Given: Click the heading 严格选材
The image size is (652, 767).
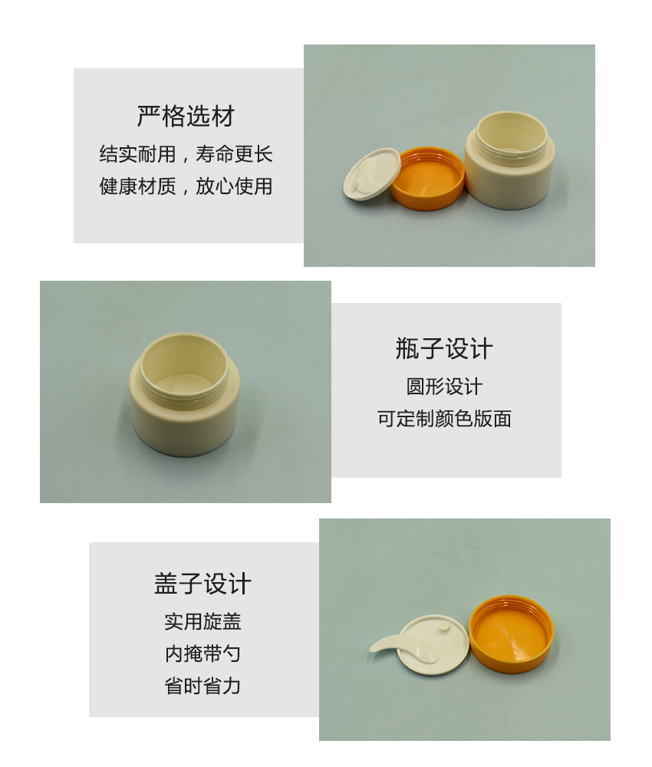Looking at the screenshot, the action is point(186,117).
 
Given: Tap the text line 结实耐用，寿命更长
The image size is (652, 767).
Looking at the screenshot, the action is point(186,154).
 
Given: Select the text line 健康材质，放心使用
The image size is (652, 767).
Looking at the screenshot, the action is point(186,186).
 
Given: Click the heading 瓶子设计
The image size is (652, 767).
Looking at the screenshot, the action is point(443,349).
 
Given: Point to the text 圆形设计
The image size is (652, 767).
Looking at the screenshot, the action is point(444,387).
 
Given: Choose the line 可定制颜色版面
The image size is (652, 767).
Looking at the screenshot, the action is point(444,419).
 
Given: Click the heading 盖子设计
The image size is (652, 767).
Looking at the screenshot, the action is point(203,584).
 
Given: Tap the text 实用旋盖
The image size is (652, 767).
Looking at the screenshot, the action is point(203,621).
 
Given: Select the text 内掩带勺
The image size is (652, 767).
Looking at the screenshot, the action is point(203,653).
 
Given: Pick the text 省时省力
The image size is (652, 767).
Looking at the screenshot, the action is point(203,686).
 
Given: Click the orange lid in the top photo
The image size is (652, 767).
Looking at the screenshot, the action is point(428,179).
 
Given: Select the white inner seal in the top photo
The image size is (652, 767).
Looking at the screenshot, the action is point(371,174).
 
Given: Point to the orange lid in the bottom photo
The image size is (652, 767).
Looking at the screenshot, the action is point(511,634).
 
